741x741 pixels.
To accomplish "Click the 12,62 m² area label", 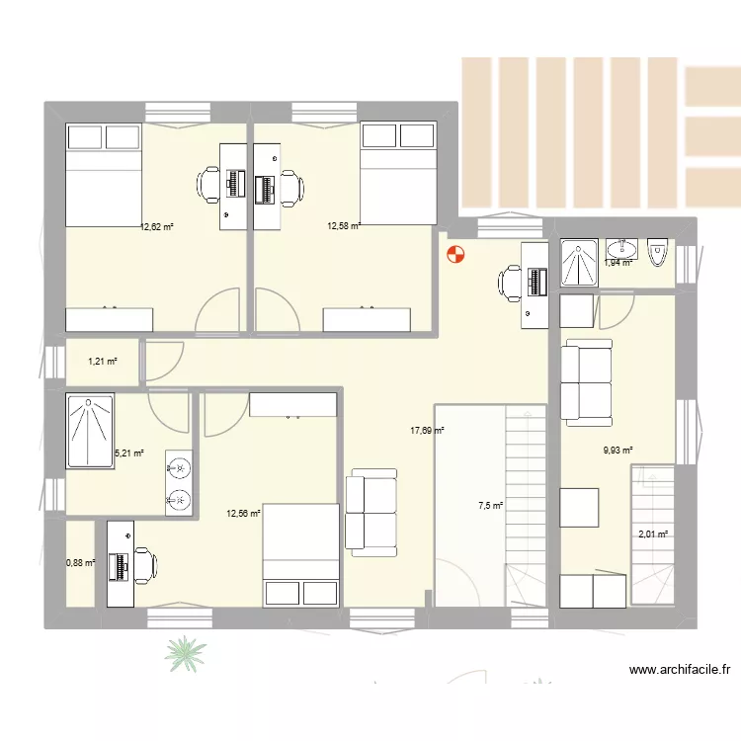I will (157, 226).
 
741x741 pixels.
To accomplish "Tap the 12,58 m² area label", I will (344, 226).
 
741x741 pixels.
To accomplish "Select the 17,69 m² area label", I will (427, 431).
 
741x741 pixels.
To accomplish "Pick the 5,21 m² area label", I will (129, 453).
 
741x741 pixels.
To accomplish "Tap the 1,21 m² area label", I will (102, 361).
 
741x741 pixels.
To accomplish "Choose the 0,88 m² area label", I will (80, 562).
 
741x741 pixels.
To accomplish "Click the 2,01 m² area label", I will (653, 535).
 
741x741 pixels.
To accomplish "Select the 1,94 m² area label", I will (617, 263).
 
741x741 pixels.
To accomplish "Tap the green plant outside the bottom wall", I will (186, 652).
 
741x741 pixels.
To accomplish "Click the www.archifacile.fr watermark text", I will (680, 670).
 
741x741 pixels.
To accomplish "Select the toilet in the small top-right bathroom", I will (658, 254).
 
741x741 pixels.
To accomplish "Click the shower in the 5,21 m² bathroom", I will (90, 430).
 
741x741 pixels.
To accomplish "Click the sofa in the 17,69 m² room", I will (369, 510).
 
